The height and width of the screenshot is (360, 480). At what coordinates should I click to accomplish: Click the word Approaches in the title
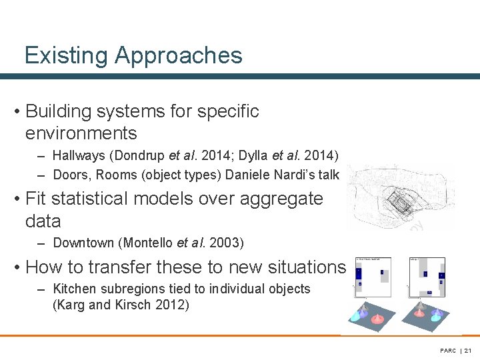(x=179, y=55)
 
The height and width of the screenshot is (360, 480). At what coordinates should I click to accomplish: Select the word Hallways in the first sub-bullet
(x=79, y=156)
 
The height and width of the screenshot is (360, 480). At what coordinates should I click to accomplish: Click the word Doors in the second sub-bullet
(x=69, y=175)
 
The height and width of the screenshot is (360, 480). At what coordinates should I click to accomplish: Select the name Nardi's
(x=297, y=175)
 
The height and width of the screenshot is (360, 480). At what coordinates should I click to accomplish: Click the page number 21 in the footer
(x=467, y=350)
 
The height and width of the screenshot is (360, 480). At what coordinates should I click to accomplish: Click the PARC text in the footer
(x=448, y=350)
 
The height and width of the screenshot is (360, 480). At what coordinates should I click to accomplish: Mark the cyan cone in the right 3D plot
(x=436, y=318)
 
